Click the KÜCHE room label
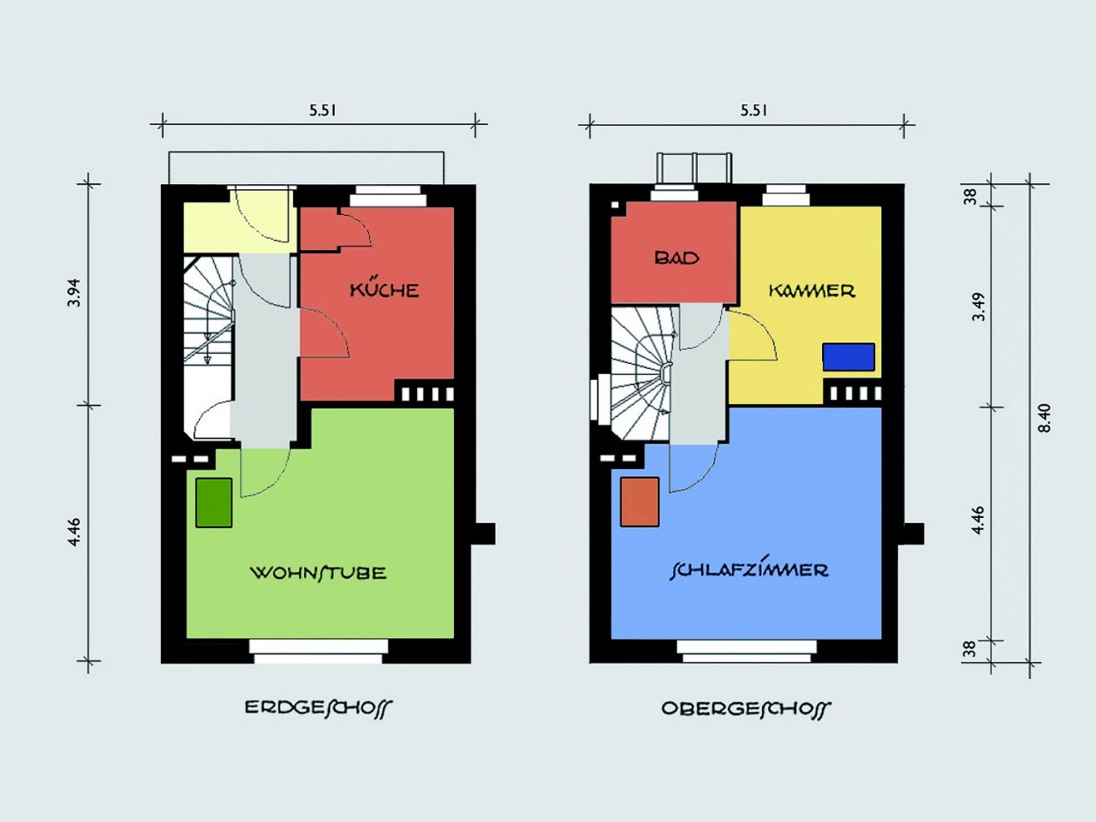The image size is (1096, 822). [x=384, y=289]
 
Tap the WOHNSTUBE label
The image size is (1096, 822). [x=318, y=572]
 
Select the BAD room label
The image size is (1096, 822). [x=676, y=258]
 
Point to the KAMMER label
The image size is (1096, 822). [x=812, y=290]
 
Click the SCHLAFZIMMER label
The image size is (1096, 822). [x=748, y=569]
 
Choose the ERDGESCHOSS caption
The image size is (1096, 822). [x=318, y=709]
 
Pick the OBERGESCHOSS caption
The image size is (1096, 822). [x=746, y=709]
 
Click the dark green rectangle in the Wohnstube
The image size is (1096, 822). [x=214, y=503]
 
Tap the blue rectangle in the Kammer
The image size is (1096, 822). [x=849, y=357]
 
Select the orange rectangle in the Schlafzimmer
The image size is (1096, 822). [x=640, y=502]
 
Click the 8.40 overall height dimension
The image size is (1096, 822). [x=1043, y=418]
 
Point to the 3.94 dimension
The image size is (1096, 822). [x=74, y=293]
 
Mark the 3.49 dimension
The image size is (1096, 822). [x=980, y=307]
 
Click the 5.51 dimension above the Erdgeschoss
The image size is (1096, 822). [x=323, y=110]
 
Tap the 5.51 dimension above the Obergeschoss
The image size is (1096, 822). [x=753, y=110]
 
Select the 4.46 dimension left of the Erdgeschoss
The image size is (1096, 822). [x=74, y=533]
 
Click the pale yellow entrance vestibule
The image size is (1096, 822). [x=240, y=228]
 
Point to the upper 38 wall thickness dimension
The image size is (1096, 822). [x=969, y=197]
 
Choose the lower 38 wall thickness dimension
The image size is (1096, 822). [x=969, y=649]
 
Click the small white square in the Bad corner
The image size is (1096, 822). [x=615, y=205]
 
